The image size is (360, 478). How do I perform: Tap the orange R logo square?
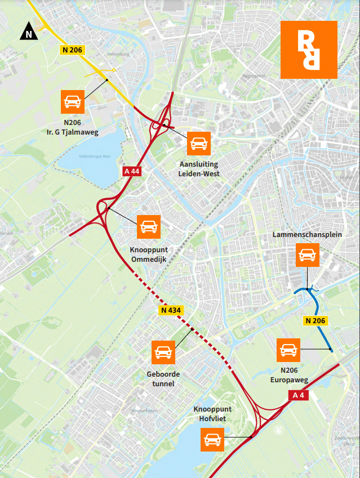point(309,50)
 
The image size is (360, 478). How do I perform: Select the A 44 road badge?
point(131,172)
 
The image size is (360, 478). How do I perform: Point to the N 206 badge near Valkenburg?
point(72,50)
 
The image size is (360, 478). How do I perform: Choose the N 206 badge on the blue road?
point(316,320)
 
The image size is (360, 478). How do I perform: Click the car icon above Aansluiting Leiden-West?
point(198,144)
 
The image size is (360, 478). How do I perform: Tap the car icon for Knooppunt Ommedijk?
point(149,226)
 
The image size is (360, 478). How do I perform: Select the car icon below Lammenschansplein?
point(307,254)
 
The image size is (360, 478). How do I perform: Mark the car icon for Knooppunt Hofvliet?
point(212,439)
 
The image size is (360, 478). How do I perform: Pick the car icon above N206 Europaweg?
point(288,350)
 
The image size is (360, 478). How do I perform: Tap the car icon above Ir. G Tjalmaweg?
point(73,101)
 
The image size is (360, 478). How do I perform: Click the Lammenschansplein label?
point(307,234)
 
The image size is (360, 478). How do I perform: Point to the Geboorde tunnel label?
point(163,379)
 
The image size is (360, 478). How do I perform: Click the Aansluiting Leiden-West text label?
point(198,169)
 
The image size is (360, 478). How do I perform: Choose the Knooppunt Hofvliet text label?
point(212,414)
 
